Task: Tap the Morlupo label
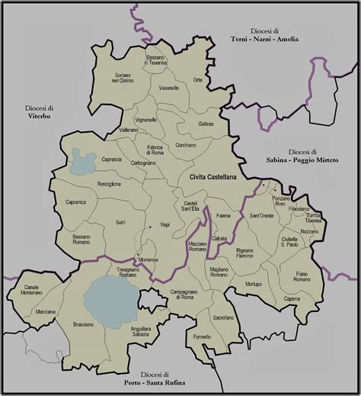coord(254,285)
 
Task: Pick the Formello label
coord(202,336)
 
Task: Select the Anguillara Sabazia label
coord(142,331)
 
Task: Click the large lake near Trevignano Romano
coord(109,301)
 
